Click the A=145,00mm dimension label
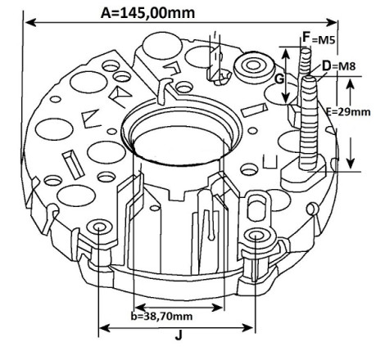(x=147, y=13)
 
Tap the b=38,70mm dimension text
(x=161, y=317)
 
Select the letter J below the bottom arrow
(x=179, y=335)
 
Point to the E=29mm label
(x=348, y=112)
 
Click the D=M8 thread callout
(x=339, y=66)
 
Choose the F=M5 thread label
(x=319, y=38)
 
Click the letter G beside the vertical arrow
(x=279, y=79)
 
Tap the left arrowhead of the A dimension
(x=30, y=23)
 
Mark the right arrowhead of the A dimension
(x=332, y=23)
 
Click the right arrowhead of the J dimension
(x=248, y=328)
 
